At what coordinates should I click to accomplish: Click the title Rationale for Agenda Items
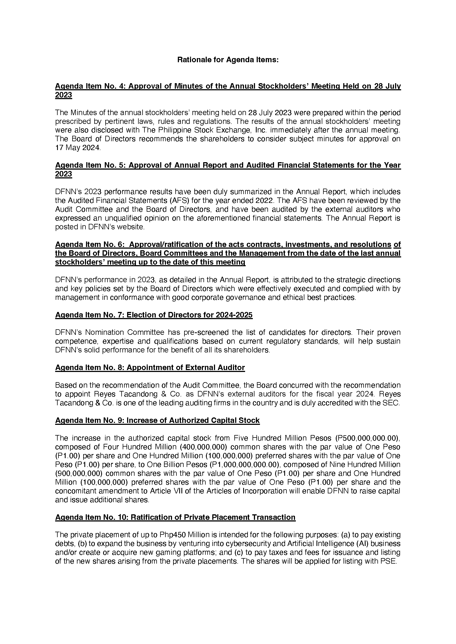(228, 60)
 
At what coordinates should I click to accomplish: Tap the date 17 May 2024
(77, 148)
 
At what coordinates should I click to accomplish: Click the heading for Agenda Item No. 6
(228, 253)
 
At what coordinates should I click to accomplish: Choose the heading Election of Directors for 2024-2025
(154, 315)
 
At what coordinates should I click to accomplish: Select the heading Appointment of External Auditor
(150, 368)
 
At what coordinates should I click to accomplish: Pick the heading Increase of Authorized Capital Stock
(157, 420)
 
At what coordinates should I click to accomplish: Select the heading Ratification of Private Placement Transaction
(175, 517)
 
